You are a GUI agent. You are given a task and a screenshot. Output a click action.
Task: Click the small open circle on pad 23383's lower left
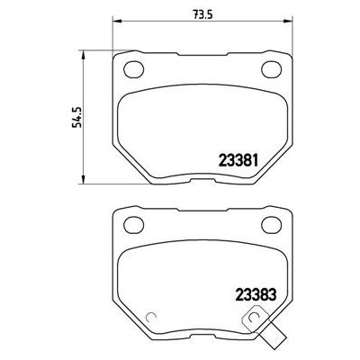tap(152, 317)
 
